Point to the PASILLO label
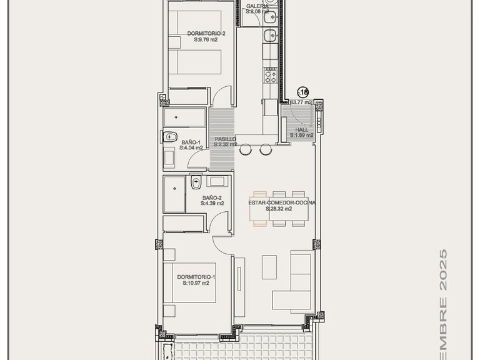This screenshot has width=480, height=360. point(224,139)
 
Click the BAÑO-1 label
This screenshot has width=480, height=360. point(191,142)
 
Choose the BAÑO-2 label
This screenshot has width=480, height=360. point(212,197)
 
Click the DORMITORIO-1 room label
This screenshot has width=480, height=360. point(196,277)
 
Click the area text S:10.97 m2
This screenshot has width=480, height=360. point(196,283)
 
